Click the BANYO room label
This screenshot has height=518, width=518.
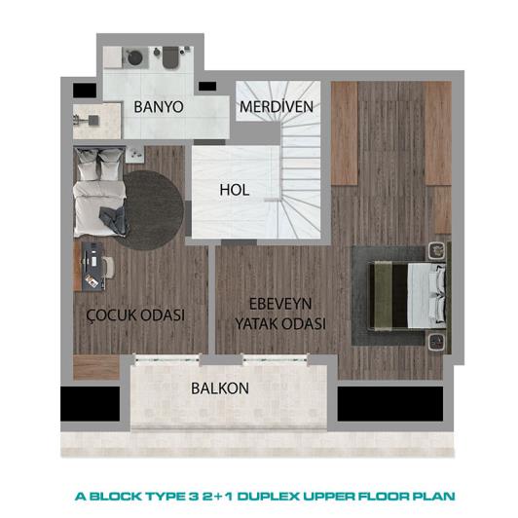coord(158,106)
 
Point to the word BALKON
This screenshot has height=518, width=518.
coord(220,388)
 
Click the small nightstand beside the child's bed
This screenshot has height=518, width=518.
coord(135,153)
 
